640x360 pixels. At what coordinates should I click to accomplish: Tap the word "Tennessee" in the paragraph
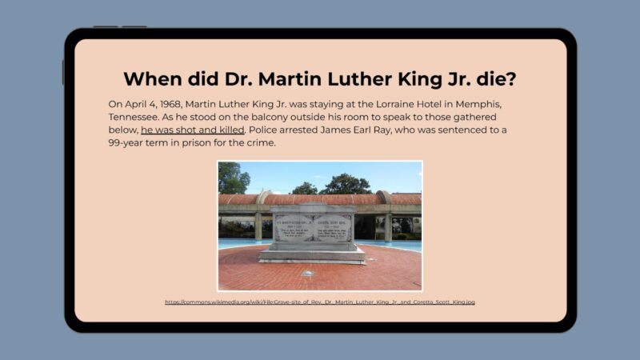[x=135, y=117]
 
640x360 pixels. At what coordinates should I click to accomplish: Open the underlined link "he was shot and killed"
[x=193, y=130]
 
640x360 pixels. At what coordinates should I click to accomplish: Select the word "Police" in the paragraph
[x=266, y=130]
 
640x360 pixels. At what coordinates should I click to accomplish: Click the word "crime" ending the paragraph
[x=260, y=142]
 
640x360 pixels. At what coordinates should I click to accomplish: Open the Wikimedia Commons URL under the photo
[x=320, y=302]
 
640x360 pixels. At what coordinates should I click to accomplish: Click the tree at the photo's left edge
[x=232, y=177]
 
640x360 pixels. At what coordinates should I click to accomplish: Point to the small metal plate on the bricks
[x=307, y=274]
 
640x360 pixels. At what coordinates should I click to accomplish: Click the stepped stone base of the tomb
[x=312, y=255]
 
